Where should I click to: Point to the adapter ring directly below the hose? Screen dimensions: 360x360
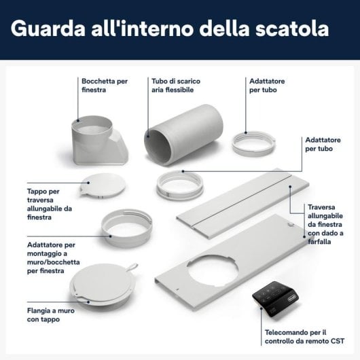pos(179,185)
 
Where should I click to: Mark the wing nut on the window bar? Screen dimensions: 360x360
pos(290,223)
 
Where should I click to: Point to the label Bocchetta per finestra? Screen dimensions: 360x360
pos(104,84)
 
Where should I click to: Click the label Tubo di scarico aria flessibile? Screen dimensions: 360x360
pos(176,84)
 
